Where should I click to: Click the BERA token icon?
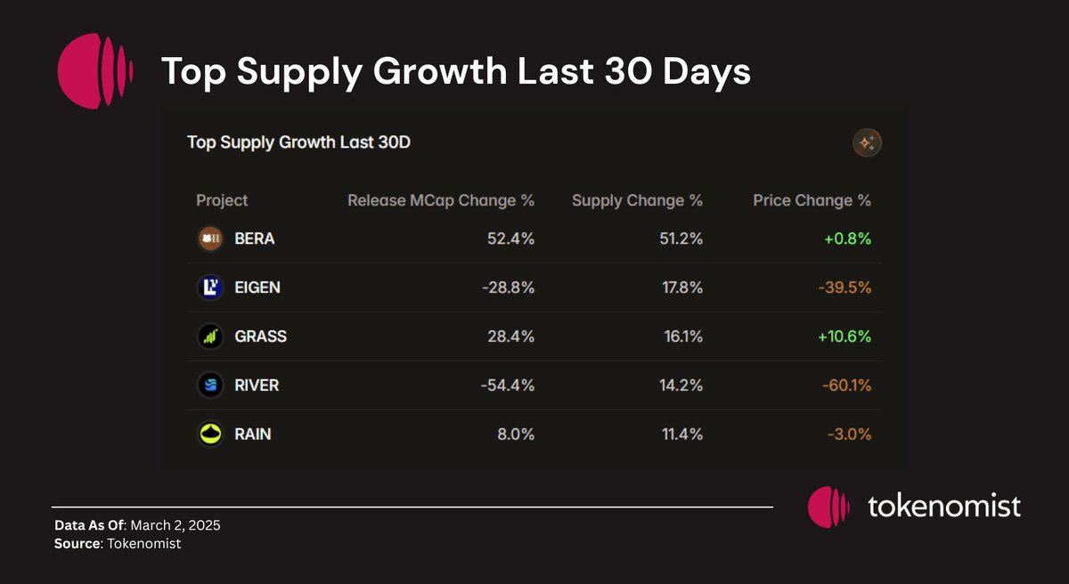click(x=210, y=239)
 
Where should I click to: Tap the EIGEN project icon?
click(x=210, y=288)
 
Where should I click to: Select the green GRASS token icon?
click(x=210, y=337)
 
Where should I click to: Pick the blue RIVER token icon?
click(x=210, y=385)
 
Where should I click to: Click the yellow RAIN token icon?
click(x=210, y=434)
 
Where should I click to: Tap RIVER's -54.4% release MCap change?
click(x=507, y=385)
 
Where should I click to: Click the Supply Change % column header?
click(x=637, y=200)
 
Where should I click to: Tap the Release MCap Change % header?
click(x=441, y=200)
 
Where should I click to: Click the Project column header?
click(x=222, y=200)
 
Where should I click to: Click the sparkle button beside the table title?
click(x=867, y=142)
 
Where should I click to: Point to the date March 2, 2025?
click(x=175, y=525)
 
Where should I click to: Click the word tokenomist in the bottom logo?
click(x=943, y=507)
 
